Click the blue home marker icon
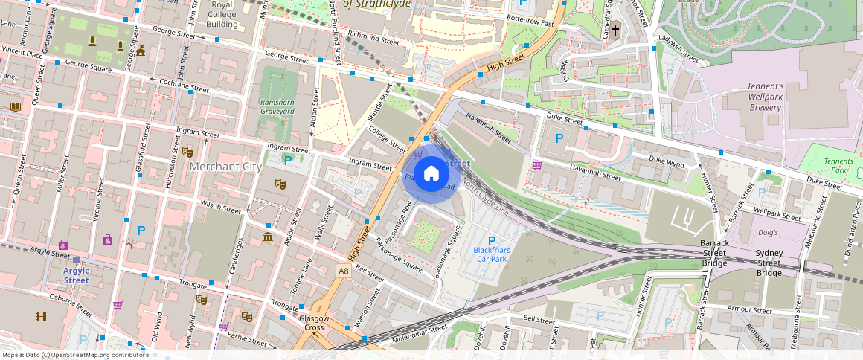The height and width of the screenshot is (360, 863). pyautogui.click(x=431, y=175)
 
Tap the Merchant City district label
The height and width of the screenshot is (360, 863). pyautogui.click(x=225, y=167)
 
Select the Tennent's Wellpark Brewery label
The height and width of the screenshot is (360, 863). pyautogui.click(x=766, y=97)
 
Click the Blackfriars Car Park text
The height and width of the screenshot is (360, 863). pyautogui.click(x=490, y=255)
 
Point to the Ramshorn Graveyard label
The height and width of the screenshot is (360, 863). pyautogui.click(x=277, y=106)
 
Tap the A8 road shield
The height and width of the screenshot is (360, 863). pyautogui.click(x=343, y=271)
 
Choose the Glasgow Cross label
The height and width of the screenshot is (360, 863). pyautogui.click(x=315, y=323)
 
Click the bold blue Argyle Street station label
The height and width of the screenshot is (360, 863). pyautogui.click(x=76, y=275)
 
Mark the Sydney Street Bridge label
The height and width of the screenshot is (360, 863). pyautogui.click(x=769, y=263)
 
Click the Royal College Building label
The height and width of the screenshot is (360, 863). pyautogui.click(x=222, y=15)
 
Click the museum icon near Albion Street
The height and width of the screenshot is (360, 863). pyautogui.click(x=267, y=237)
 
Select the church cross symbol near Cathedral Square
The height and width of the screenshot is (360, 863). pyautogui.click(x=616, y=32)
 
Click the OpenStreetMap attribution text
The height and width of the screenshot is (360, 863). pyautogui.click(x=74, y=355)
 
